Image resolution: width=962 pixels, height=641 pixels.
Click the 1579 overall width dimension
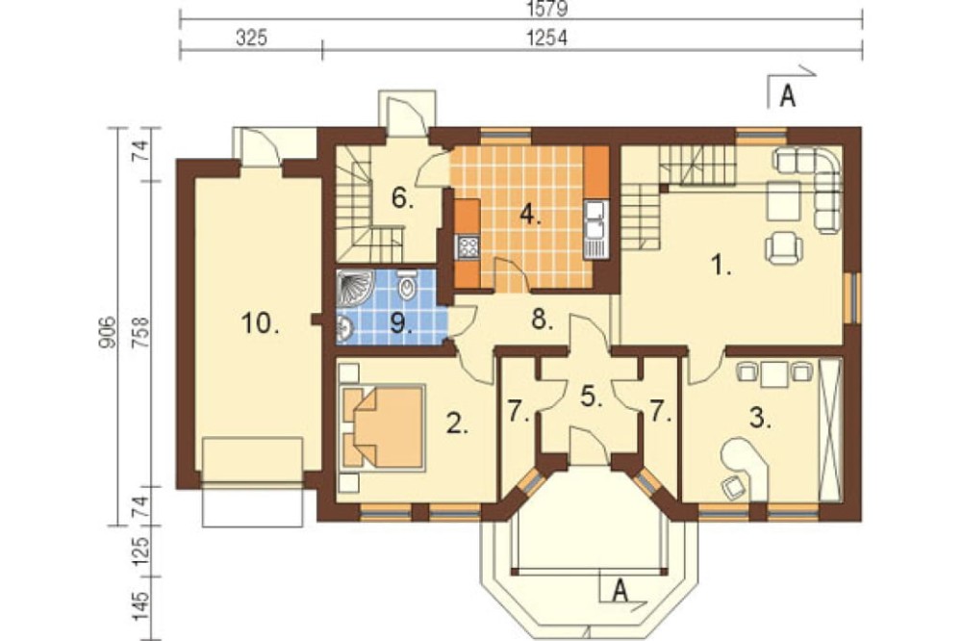(548, 10)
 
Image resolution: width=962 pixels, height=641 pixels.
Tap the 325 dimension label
(251, 38)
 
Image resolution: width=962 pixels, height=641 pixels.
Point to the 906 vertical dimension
(107, 332)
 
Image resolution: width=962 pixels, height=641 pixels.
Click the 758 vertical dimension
(140, 332)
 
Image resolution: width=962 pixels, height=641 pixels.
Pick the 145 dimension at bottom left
(140, 606)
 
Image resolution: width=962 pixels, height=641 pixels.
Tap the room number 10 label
(260, 323)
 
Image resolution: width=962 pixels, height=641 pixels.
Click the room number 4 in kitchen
(531, 215)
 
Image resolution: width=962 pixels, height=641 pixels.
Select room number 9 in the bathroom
(400, 323)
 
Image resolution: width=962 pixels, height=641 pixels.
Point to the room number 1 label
(721, 266)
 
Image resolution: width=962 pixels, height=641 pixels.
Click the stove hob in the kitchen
(468, 248)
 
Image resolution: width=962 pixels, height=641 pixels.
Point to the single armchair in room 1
(784, 247)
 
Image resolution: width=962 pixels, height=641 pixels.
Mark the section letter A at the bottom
(620, 591)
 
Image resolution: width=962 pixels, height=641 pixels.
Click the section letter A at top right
(788, 96)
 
